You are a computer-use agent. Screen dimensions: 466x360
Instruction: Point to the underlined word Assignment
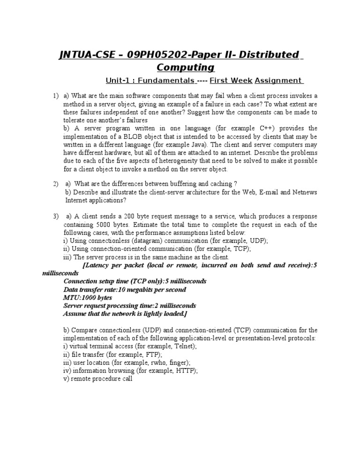tap(278, 81)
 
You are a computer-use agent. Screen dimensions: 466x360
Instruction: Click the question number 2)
tap(56, 183)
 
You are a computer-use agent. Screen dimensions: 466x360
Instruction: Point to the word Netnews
tap(305, 192)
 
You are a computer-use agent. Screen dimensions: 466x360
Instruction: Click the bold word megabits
tap(139, 289)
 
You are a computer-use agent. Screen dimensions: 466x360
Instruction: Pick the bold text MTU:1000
tap(81, 297)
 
